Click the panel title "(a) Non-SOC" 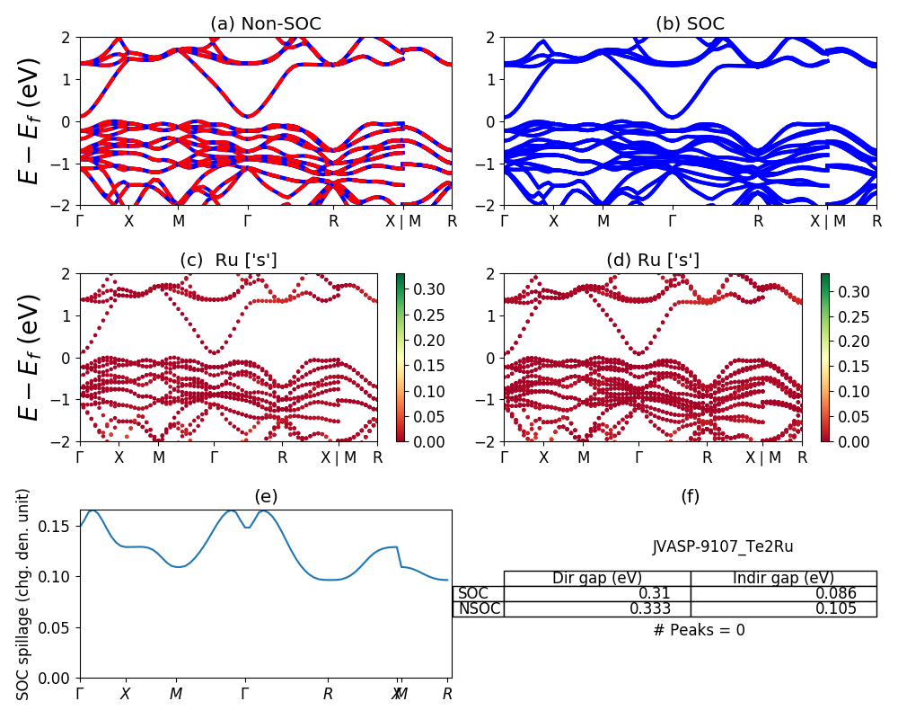tap(266, 24)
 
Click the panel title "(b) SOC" tap(690, 24)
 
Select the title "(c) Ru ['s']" tap(228, 260)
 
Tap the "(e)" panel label tap(266, 496)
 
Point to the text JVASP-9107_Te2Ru tap(723, 546)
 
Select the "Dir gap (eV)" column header tap(597, 578)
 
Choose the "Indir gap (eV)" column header tap(783, 578)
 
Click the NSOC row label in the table tap(479, 608)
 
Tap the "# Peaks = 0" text tap(699, 630)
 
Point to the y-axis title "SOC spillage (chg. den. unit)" tap(24, 594)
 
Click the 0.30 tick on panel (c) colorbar tap(417, 290)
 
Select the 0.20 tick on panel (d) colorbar tap(841, 342)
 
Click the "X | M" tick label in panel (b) tap(827, 221)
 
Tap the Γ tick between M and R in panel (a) tap(248, 221)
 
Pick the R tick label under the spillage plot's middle tap(329, 694)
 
